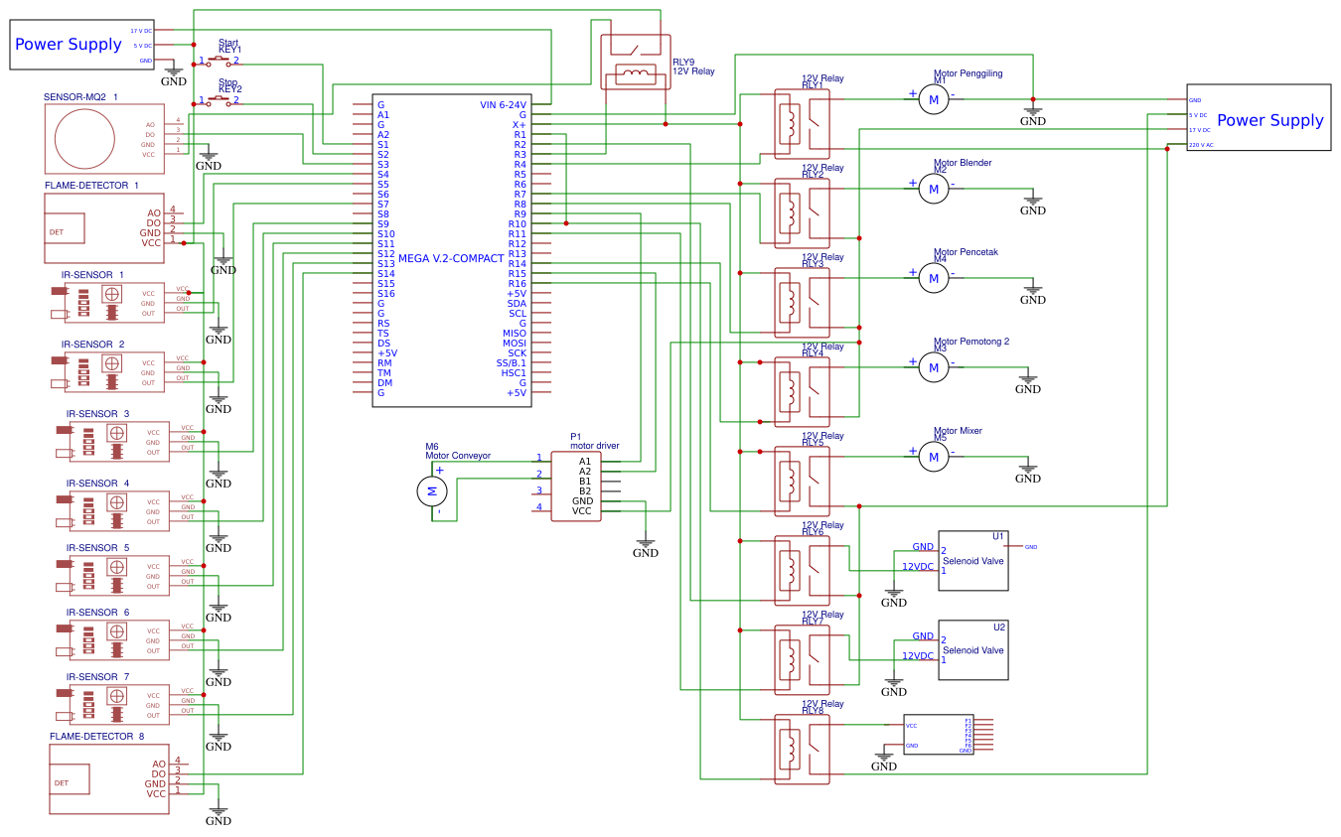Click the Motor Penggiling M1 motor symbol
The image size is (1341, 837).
coord(933,99)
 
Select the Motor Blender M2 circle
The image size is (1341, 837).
coord(933,189)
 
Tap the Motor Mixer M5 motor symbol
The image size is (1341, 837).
coord(933,457)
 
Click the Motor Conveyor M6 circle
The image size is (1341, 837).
coord(431,489)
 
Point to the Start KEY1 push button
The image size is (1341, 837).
coord(219,61)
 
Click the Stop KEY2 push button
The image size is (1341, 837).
coord(219,100)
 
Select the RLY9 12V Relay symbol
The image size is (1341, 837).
coord(631,61)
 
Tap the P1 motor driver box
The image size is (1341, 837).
coord(576,487)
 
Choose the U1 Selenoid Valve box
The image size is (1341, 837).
coord(973,561)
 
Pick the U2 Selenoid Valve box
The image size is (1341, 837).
coord(973,650)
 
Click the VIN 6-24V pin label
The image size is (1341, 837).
coord(503,105)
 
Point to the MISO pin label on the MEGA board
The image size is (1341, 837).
coord(514,334)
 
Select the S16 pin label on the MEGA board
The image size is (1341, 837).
coord(385,294)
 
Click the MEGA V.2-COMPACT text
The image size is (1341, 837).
coord(452,258)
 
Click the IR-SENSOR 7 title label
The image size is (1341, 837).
coord(97,677)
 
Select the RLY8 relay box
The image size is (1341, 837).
coord(802,752)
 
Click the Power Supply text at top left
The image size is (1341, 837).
coord(68,45)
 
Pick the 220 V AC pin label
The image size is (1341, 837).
coord(1201,145)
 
